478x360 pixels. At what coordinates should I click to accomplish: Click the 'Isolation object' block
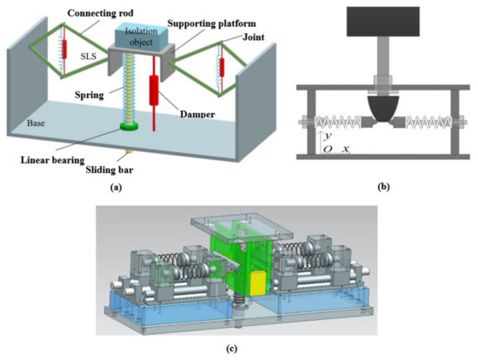[x=144, y=37]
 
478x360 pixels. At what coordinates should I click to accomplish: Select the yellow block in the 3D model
[x=257, y=280]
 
